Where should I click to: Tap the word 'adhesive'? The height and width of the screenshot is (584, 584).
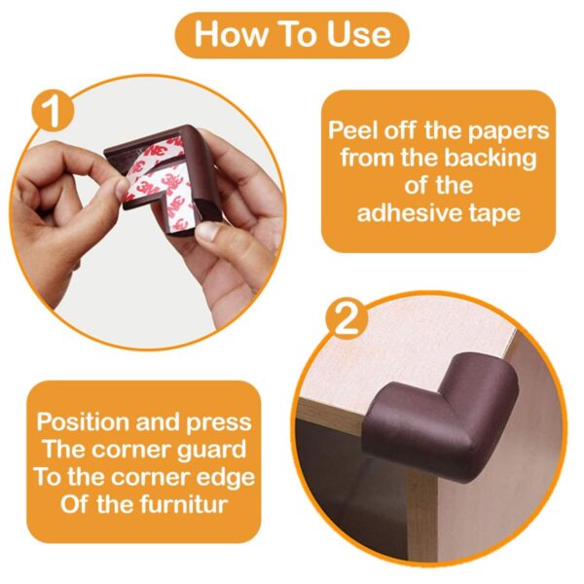pyautogui.click(x=411, y=212)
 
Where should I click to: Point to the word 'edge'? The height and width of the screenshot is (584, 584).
pyautogui.click(x=220, y=478)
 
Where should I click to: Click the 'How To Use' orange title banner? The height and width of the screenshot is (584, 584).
pyautogui.click(x=291, y=35)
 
